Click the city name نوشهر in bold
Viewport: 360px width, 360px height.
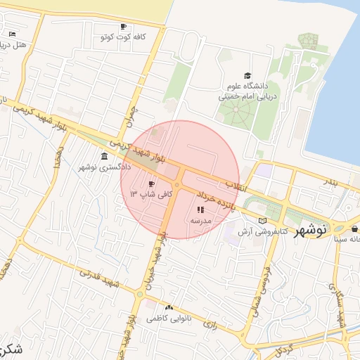click(310, 232)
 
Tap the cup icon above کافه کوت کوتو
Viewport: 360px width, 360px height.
click(124, 27)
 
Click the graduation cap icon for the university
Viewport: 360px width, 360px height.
click(247, 75)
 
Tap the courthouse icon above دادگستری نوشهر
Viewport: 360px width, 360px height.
click(104, 156)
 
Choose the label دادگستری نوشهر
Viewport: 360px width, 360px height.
click(104, 167)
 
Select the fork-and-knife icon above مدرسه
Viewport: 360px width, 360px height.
click(200, 209)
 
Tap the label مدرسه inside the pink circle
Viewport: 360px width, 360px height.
click(200, 220)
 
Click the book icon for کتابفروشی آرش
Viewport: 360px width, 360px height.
click(262, 220)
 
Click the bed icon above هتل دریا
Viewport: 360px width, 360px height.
click(12, 34)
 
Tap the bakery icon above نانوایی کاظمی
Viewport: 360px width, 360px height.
click(168, 307)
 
